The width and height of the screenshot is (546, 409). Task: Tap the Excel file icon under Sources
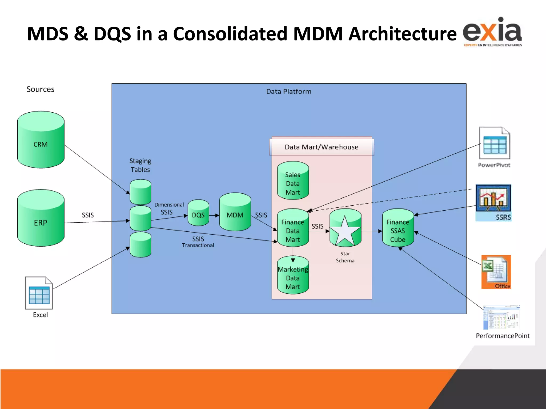click(x=39, y=293)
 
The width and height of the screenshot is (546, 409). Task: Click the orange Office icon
click(x=496, y=272)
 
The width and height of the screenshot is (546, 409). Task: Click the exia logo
click(x=492, y=32)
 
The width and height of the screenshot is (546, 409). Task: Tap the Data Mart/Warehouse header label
click(x=322, y=147)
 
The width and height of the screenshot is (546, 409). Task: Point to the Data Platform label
click(x=288, y=92)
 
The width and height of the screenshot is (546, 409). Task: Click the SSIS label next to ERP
click(x=88, y=215)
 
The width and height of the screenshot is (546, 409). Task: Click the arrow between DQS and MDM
click(x=214, y=215)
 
